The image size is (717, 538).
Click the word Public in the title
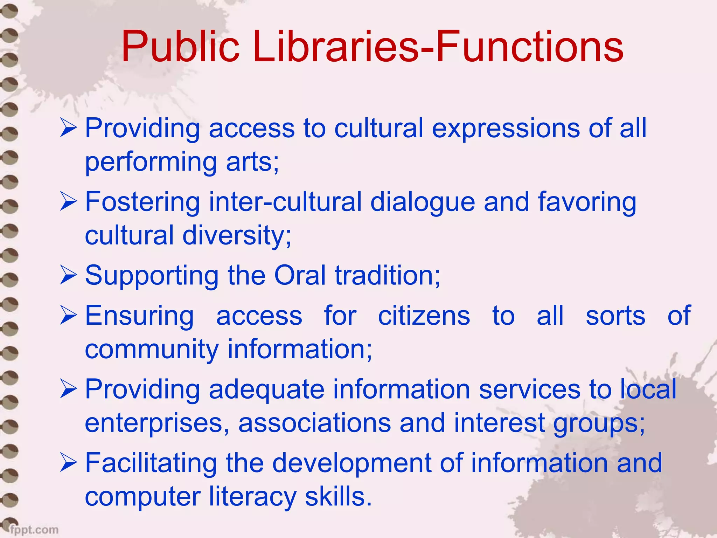180,46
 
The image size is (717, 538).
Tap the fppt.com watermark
34,529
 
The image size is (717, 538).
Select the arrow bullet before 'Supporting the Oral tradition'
68,275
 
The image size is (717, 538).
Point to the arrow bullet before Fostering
68,202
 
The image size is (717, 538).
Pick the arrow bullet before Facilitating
68,463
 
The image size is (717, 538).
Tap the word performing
151,162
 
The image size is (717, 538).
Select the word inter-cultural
285,202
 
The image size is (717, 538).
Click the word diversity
237,235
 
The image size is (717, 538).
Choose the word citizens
424,315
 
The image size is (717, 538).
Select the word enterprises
157,423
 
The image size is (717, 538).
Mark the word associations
314,423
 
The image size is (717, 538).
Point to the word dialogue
423,202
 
